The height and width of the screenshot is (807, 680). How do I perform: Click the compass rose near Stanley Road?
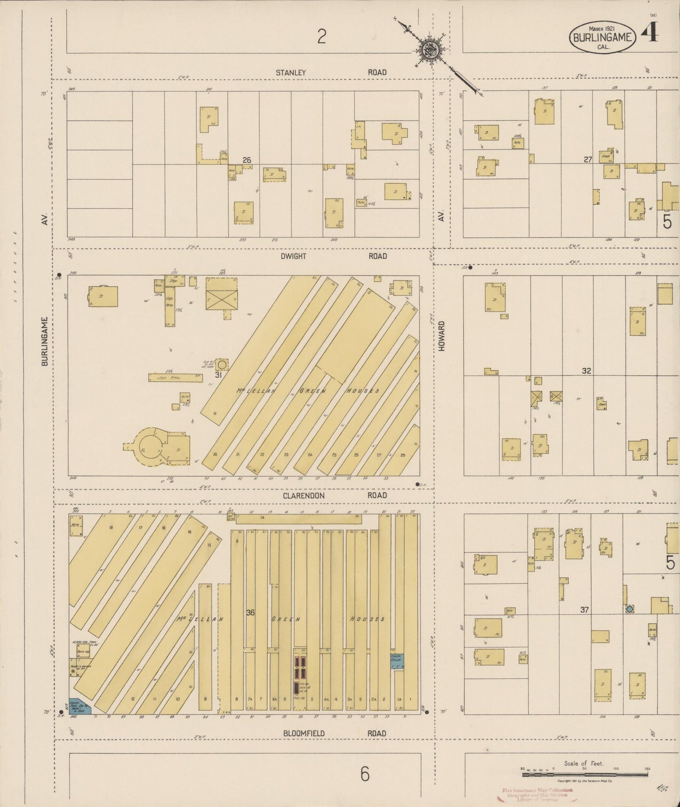430,48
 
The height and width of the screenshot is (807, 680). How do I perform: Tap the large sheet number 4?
653,32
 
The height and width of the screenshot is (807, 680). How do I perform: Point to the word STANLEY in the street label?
291,73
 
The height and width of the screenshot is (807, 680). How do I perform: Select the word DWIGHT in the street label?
293,256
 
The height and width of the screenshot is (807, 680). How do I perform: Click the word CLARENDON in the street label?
304,496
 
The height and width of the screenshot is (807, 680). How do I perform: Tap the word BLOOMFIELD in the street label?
304,733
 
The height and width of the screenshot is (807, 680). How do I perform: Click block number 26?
247,160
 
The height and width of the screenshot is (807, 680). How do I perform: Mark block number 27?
587,160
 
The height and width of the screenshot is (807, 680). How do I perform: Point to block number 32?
586,371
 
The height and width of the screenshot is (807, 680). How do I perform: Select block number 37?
584,610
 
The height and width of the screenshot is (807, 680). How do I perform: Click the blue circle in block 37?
629,609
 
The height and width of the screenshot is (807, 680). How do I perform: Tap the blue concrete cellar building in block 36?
396,661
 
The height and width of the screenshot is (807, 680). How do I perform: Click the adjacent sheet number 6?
365,775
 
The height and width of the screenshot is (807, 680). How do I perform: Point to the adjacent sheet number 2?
321,36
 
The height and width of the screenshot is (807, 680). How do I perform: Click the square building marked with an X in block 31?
221,300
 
